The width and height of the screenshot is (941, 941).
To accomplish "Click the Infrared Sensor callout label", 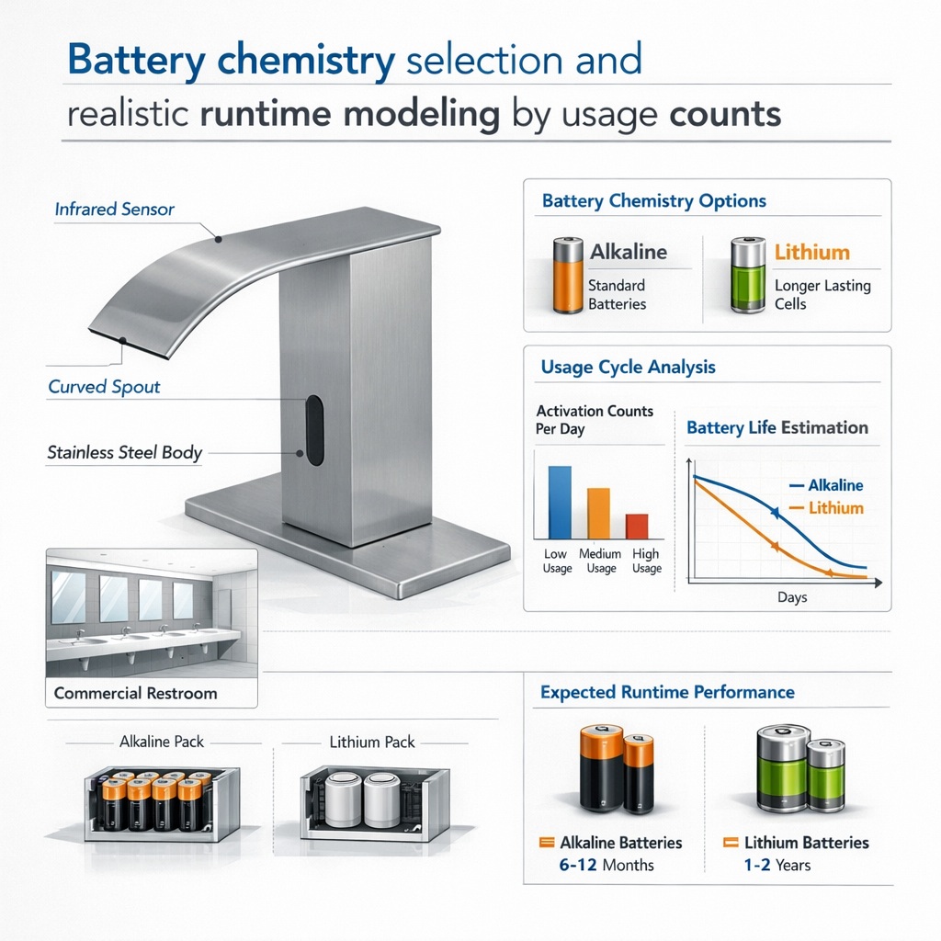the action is [x=114, y=209].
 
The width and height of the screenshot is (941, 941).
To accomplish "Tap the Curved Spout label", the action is [x=104, y=387].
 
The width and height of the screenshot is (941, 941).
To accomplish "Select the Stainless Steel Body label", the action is [x=124, y=452].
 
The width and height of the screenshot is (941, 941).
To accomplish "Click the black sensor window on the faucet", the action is [x=314, y=430].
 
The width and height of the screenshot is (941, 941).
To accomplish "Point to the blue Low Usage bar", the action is [x=560, y=503].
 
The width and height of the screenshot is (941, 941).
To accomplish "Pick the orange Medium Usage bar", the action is [x=598, y=513].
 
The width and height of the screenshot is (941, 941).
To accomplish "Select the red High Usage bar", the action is [x=637, y=527].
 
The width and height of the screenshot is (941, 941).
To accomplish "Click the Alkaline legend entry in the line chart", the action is [x=826, y=485].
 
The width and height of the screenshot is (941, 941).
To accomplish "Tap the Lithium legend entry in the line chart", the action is [x=826, y=507].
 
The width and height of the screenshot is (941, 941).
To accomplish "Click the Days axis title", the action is [x=792, y=597].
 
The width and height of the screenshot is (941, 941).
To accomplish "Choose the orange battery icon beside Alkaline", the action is [x=568, y=276].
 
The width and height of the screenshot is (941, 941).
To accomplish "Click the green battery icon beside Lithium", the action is [x=748, y=275].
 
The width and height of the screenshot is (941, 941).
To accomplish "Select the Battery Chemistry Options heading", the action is [x=654, y=200].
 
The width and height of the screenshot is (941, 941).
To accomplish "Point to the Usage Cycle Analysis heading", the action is [x=629, y=367].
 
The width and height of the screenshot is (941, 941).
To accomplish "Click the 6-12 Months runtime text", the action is [x=607, y=865].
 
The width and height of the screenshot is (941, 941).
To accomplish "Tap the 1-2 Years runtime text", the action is [x=777, y=865].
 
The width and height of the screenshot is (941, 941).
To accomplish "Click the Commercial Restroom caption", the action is [x=136, y=693].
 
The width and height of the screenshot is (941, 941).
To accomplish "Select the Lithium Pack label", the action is [x=372, y=743].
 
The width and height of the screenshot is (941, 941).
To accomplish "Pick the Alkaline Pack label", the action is [x=162, y=742].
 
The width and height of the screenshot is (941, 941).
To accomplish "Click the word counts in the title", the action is [x=725, y=114].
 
